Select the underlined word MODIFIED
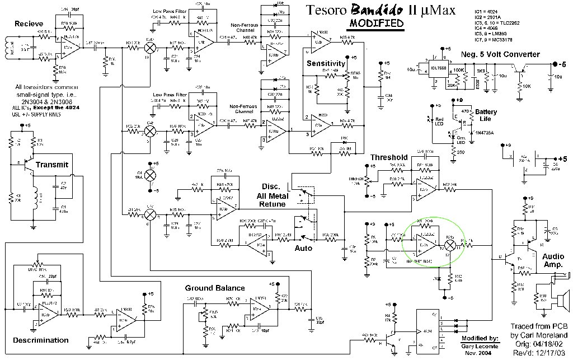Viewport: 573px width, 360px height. (x=376, y=24)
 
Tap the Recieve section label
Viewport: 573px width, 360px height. (x=29, y=24)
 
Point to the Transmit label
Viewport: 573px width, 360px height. (x=51, y=165)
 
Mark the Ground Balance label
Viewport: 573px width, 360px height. (x=215, y=288)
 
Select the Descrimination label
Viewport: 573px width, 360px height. (x=41, y=340)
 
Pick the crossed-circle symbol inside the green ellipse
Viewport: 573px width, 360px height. (x=449, y=245)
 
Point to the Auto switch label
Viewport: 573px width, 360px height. (x=303, y=247)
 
